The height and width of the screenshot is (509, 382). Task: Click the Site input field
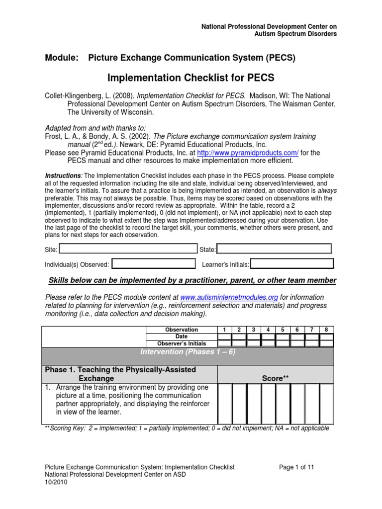[128, 249]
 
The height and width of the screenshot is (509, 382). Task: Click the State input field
[274, 249]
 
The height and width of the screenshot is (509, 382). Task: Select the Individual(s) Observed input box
[154, 264]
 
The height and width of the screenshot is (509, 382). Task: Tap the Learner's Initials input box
[291, 264]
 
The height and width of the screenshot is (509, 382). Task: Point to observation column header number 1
[225, 330]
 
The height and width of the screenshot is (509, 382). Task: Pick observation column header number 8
[326, 330]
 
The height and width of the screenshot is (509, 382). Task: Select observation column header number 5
[283, 330]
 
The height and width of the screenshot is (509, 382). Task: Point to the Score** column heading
[276, 378]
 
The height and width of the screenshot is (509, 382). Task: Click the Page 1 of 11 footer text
[296, 467]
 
